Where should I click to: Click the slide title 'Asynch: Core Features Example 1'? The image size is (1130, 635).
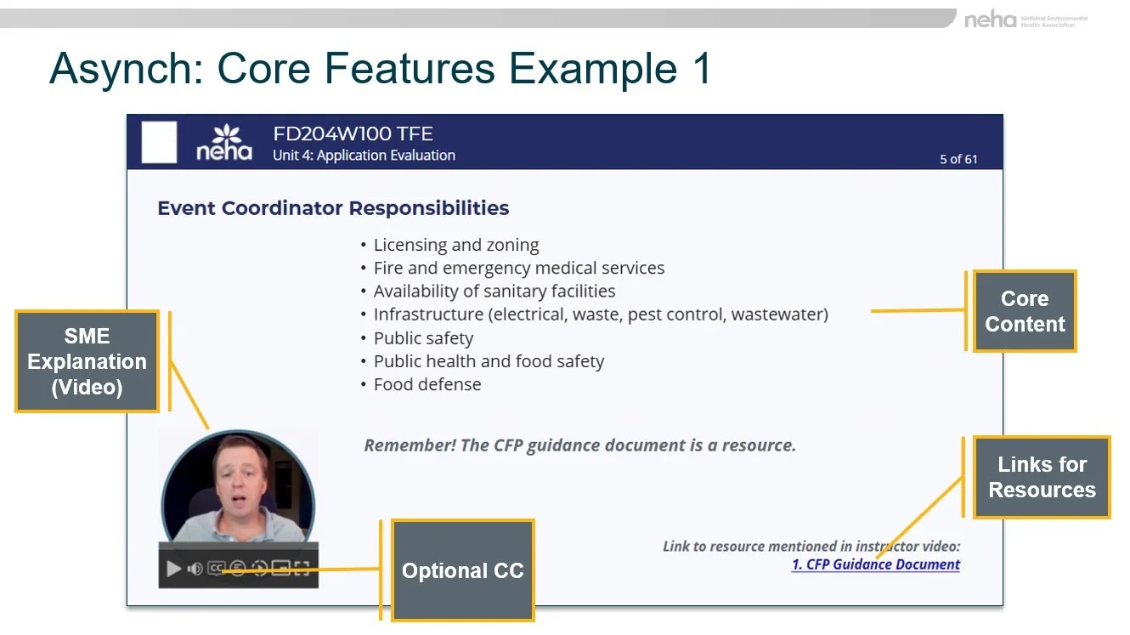pos(380,69)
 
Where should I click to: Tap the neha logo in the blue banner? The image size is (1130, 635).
pos(225,143)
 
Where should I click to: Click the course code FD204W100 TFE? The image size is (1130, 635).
pos(353,133)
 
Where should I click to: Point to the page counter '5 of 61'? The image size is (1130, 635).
pos(958,159)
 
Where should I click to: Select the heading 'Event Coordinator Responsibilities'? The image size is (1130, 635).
pos(333,208)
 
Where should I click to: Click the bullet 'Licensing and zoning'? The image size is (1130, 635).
pos(456,245)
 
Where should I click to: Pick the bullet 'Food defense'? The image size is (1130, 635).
pos(427,384)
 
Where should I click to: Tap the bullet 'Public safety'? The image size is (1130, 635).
pos(423,337)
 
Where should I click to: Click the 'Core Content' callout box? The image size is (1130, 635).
pos(1025,311)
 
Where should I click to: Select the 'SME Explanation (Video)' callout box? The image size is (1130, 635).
pos(87,361)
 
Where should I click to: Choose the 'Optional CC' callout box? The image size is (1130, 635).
pos(462,570)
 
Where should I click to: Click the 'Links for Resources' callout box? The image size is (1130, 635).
pos(1042,477)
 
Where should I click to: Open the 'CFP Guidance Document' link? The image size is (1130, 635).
pos(876,564)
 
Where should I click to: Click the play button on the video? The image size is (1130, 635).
pos(173,569)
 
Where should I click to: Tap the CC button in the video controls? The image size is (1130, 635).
pos(216,569)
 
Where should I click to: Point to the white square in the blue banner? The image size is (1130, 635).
pos(159,142)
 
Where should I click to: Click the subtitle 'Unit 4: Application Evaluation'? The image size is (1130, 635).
pos(364,156)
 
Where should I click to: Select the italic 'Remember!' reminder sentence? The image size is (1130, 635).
pos(579,445)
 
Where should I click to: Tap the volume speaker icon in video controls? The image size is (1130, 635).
pos(195,569)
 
